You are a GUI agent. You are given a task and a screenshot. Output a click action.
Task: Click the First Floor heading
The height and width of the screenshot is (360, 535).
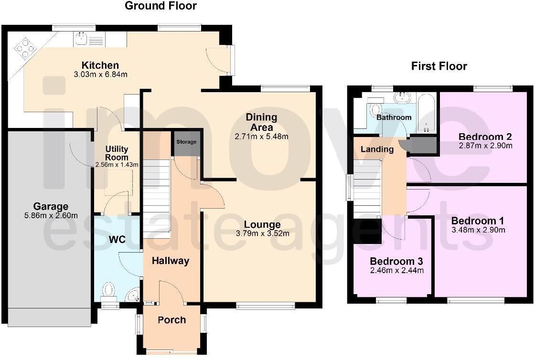pyautogui.click(x=439, y=66)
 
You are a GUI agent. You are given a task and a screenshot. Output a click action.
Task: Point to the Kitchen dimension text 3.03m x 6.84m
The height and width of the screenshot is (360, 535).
pyautogui.click(x=100, y=74)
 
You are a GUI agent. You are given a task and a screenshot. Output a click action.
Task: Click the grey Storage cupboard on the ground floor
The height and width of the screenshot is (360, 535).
pyautogui.click(x=186, y=142)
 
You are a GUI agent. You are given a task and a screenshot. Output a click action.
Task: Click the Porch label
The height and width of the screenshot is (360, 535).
pyautogui.click(x=171, y=320)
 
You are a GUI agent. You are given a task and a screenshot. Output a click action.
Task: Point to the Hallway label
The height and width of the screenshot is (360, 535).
pyautogui.click(x=171, y=261)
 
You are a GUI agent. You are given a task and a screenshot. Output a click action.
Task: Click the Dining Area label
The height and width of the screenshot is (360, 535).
pyautogui.click(x=261, y=122)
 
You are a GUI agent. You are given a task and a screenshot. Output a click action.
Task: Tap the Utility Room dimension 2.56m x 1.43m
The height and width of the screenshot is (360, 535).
pyautogui.click(x=117, y=165)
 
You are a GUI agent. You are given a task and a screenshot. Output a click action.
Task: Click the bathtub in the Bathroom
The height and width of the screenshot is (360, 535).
pyautogui.click(x=425, y=113)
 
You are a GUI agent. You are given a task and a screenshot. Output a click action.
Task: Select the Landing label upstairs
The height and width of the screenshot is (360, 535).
pyautogui.click(x=377, y=149)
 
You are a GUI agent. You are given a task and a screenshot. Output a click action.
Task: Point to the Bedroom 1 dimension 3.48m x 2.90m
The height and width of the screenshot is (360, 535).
pyautogui.click(x=478, y=230)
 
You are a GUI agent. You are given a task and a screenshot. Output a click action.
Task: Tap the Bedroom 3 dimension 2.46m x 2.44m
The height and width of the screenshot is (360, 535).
pyautogui.click(x=396, y=270)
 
